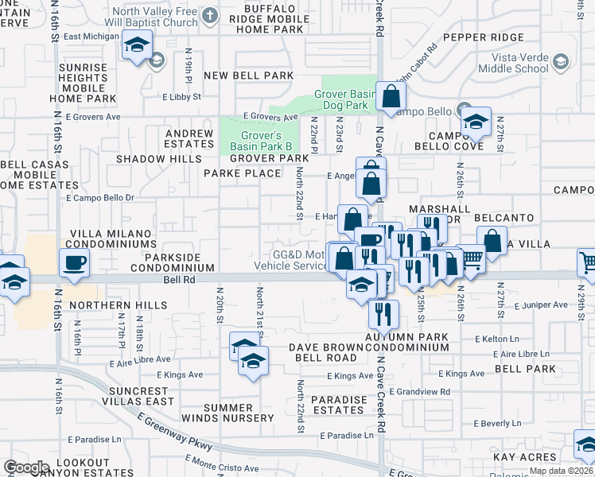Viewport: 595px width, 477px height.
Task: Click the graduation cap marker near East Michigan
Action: click(138, 46)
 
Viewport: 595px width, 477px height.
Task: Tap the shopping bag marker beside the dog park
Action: click(391, 98)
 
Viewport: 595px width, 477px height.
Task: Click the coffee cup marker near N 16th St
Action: click(76, 262)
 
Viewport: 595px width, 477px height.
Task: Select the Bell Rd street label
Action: click(178, 280)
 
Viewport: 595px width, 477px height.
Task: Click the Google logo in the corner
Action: click(26, 467)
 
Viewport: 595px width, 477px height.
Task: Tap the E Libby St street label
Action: click(181, 97)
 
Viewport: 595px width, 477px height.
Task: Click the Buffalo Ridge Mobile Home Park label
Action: click(267, 19)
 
